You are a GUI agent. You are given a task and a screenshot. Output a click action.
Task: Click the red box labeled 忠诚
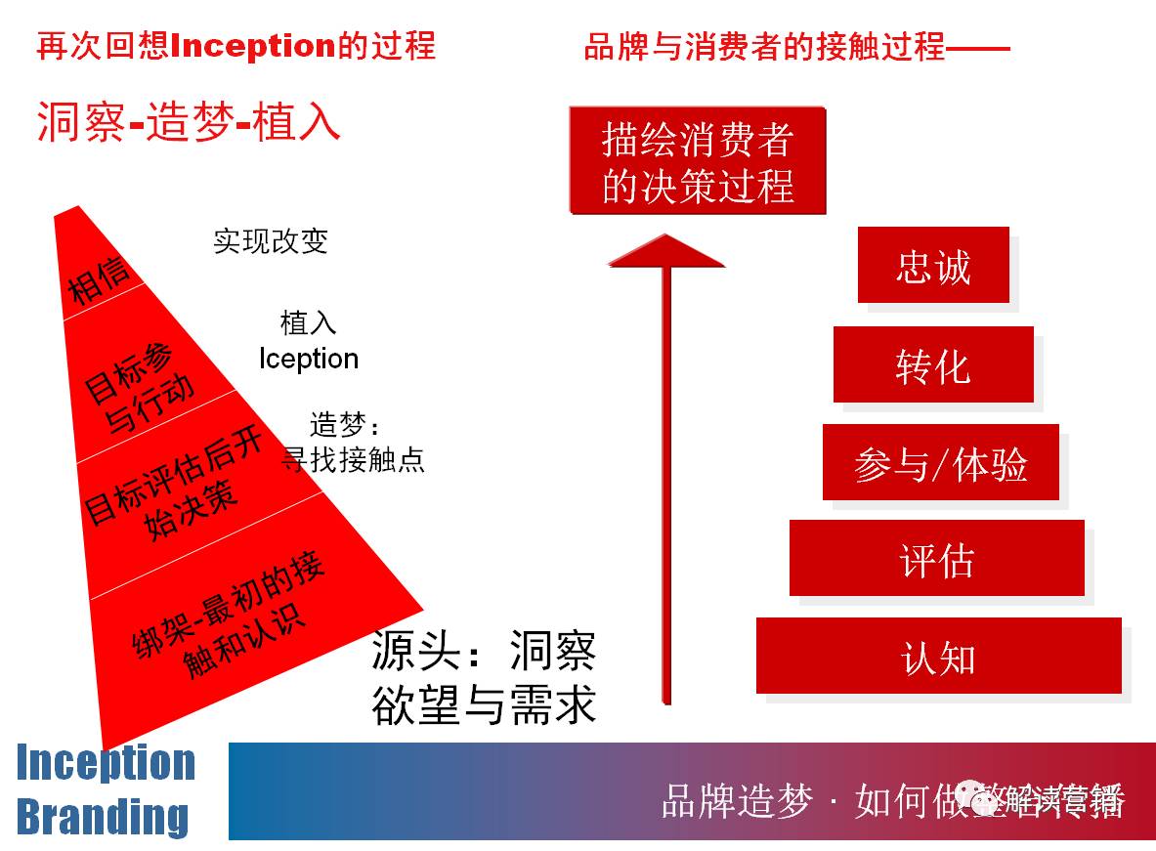932,266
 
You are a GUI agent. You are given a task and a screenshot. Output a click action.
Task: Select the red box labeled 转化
932,364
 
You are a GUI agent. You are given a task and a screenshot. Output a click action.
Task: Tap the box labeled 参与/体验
940,462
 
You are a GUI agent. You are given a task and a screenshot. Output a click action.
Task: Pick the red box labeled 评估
936,558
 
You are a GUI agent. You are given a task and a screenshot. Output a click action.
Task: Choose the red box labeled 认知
938,657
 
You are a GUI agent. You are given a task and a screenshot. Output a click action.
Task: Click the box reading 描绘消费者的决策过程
697,161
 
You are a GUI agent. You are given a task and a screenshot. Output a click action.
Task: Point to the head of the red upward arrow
666,250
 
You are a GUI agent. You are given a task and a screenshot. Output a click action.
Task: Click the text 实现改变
270,240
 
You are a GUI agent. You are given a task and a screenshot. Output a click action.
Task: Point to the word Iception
309,360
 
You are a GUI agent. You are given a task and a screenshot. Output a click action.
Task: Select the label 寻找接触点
354,459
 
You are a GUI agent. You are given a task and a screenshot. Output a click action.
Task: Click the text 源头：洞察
483,652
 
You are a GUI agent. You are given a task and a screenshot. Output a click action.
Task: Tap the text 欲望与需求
483,705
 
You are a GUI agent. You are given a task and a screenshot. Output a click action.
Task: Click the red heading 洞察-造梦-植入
188,123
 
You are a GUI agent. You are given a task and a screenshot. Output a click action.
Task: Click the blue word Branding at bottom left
103,817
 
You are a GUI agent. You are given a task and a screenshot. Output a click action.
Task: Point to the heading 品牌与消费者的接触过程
764,46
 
